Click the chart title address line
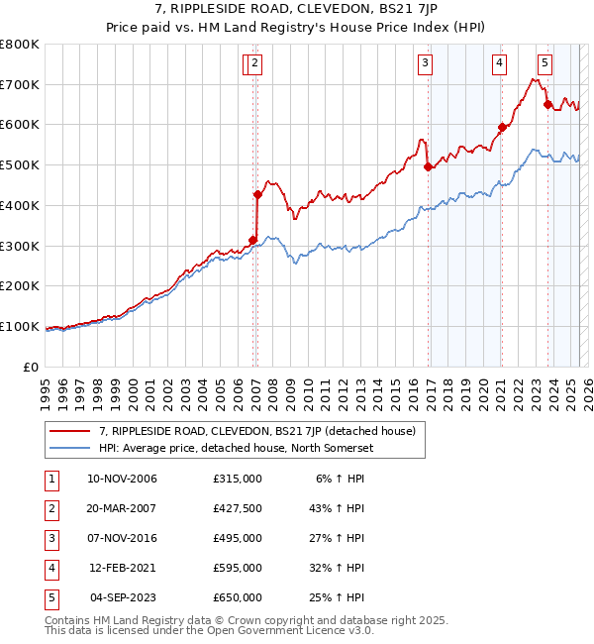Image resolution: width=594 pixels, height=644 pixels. (297, 9)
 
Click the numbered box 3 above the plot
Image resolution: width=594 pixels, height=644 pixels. (425, 64)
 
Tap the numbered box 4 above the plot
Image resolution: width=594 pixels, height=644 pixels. (499, 64)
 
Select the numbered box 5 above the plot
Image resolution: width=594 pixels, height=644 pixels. (544, 64)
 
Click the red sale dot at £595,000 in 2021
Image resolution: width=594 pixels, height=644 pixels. (502, 127)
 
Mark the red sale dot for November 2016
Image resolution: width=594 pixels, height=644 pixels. (428, 167)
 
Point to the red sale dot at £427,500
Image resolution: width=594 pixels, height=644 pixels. (257, 194)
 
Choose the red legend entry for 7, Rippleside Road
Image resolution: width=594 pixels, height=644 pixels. (256, 431)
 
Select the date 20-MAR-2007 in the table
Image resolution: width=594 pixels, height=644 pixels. (122, 508)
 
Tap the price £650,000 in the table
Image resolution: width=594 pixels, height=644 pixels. (238, 597)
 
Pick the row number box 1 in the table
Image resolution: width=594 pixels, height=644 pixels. (50, 479)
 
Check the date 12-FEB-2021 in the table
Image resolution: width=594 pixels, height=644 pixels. (122, 568)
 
